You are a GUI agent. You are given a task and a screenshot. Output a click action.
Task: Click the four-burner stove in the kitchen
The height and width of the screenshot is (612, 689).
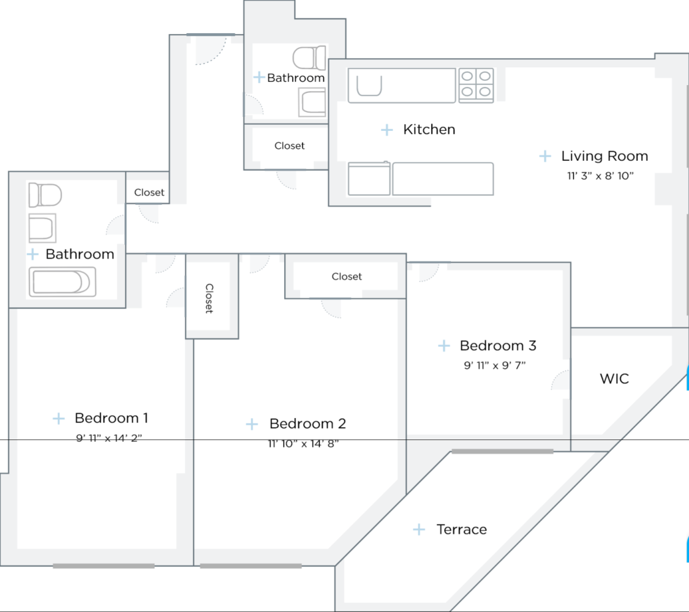[476, 84]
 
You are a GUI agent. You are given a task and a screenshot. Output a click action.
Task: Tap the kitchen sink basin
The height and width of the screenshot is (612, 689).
[369, 86]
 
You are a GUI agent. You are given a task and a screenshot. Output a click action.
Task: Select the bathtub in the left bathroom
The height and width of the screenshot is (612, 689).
[60, 283]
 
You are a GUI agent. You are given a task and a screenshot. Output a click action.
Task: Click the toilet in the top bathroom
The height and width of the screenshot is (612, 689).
[309, 58]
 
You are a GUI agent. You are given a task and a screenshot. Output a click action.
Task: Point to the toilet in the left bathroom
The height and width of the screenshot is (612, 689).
[45, 195]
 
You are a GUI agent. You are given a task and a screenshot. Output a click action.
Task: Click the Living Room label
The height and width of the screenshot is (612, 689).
[604, 156]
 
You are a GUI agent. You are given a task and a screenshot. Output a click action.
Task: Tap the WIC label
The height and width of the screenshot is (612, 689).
[614, 379]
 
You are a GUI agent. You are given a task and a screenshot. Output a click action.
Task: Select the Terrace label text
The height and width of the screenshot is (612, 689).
[462, 529]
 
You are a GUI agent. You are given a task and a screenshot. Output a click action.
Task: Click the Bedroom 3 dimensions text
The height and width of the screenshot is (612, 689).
[495, 365]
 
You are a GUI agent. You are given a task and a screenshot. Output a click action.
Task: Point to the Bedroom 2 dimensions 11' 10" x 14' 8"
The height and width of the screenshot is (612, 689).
[303, 444]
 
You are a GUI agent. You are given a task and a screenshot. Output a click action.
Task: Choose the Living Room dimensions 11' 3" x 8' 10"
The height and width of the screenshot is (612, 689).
[600, 176]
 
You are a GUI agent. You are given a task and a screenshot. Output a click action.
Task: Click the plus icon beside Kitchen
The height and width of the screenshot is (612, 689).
[386, 130]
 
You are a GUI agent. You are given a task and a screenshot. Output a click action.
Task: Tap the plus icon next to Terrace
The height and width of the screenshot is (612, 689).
[419, 529]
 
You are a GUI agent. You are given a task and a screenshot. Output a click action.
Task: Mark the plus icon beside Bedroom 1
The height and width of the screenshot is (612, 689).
[58, 419]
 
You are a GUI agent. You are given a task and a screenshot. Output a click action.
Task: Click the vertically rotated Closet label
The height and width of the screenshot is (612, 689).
[209, 298]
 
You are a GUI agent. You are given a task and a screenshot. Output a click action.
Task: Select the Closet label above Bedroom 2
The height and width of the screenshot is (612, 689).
[347, 277]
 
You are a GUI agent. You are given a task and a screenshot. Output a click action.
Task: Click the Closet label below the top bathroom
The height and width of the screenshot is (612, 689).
[290, 146]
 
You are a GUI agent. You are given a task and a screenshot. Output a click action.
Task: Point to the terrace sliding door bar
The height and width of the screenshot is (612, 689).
[502, 452]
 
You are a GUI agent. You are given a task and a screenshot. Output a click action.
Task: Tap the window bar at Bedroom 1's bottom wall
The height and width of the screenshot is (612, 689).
[104, 566]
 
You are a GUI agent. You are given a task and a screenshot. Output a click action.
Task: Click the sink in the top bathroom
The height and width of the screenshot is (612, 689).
[312, 102]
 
